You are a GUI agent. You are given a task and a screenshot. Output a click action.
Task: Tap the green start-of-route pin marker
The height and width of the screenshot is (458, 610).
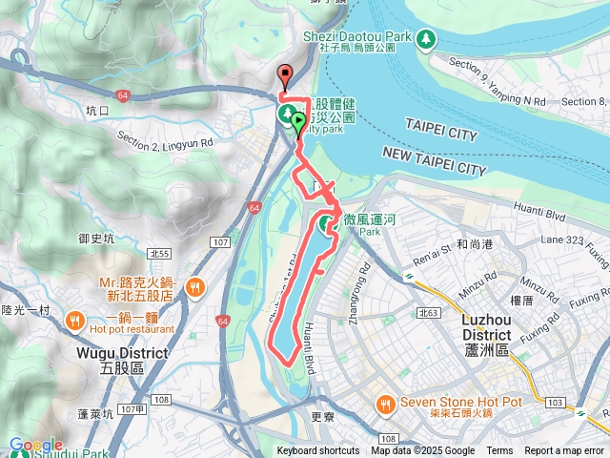pyautogui.click(x=298, y=122)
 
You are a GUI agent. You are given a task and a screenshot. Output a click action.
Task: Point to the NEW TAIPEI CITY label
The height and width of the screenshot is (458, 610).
pyautogui.click(x=434, y=160)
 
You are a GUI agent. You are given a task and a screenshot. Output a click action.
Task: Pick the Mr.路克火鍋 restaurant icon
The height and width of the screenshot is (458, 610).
pyautogui.click(x=194, y=286)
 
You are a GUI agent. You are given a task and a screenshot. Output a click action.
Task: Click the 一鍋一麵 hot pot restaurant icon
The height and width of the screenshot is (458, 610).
pyautogui.click(x=75, y=321)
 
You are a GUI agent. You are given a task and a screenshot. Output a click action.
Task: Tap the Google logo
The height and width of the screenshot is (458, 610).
pyautogui.click(x=34, y=445)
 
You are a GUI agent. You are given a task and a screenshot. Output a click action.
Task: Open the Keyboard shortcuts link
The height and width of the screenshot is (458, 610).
pyautogui.click(x=318, y=451)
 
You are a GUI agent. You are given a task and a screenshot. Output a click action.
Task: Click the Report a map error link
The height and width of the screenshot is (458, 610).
pyautogui.click(x=564, y=451)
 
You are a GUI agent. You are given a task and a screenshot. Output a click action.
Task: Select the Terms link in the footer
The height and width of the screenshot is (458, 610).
pyautogui.click(x=499, y=451)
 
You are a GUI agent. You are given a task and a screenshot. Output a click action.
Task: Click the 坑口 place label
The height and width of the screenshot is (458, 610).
pyautogui.click(x=98, y=111)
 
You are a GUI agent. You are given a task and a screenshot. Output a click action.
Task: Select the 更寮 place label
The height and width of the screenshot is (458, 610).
pyautogui.click(x=322, y=418)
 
